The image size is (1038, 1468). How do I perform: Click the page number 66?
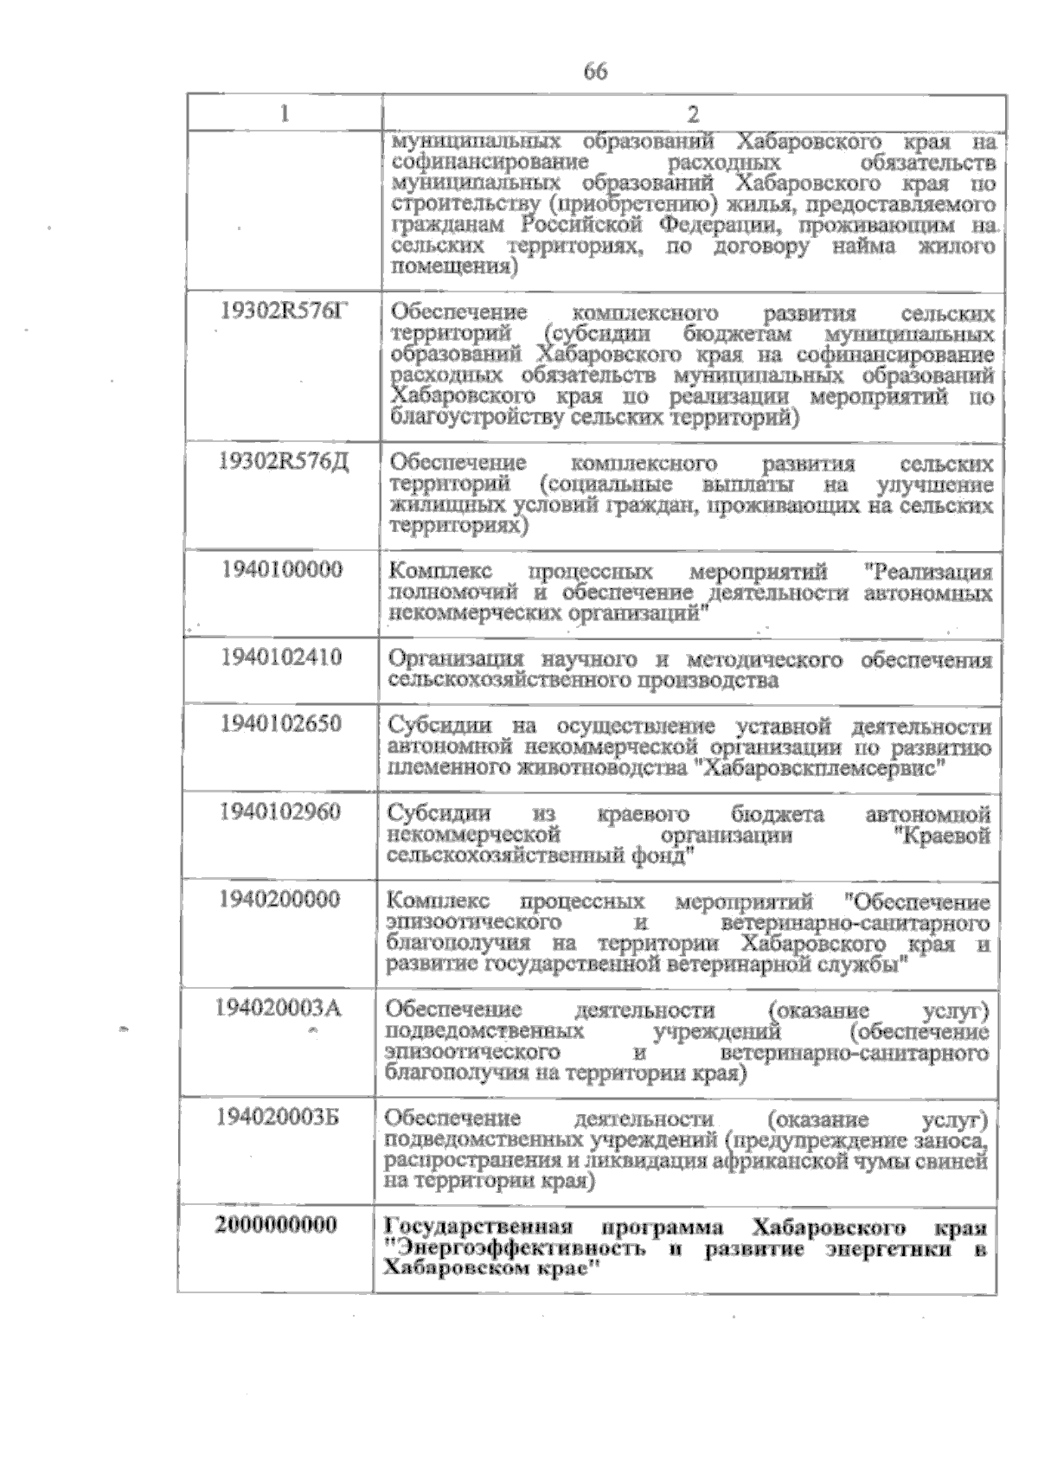coord(595,72)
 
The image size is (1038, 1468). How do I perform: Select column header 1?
coord(285,114)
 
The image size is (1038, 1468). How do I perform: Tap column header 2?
coord(692,115)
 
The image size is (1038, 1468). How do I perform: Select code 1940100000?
coord(282,569)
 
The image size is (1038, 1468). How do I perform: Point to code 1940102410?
coord(281,657)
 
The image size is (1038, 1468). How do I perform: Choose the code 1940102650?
coord(281,723)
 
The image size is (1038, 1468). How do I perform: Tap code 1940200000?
coord(279,900)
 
